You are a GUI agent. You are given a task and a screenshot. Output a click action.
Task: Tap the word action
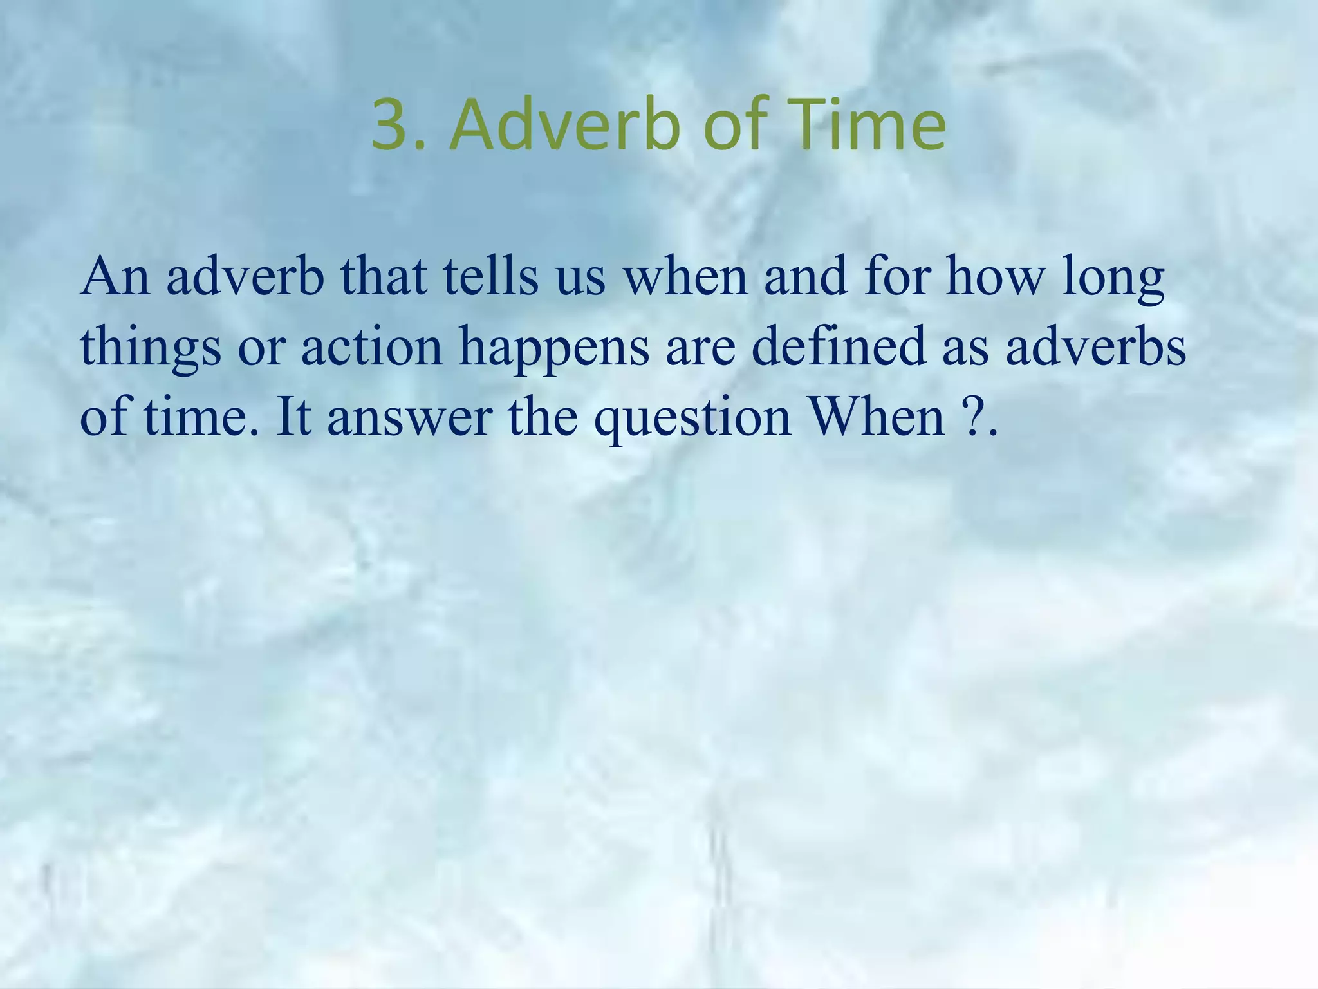coord(372,346)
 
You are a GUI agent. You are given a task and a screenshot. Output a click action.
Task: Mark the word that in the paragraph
coord(384,277)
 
